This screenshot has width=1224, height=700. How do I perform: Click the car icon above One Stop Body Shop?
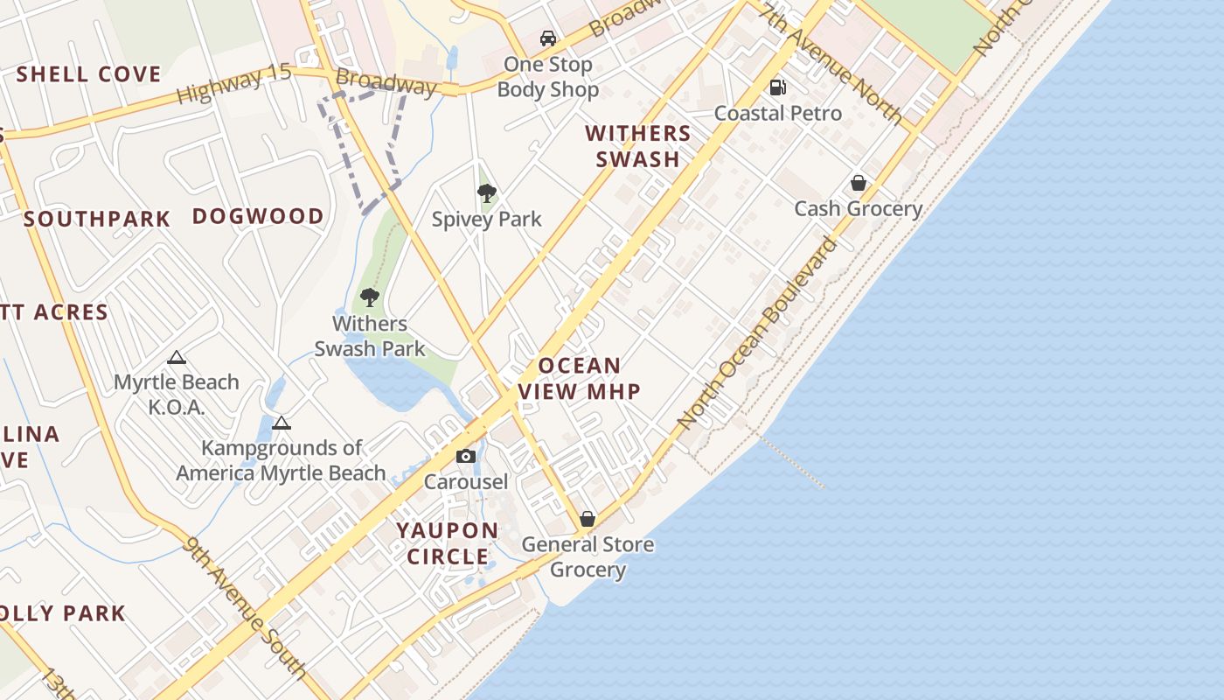pyautogui.click(x=548, y=38)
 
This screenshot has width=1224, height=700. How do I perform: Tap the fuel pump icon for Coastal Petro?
pyautogui.click(x=777, y=87)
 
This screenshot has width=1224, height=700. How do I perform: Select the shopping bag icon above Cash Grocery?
pyautogui.click(x=859, y=183)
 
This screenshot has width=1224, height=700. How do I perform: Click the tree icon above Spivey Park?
pyautogui.click(x=487, y=193)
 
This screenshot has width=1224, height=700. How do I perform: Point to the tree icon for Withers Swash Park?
pyautogui.click(x=370, y=297)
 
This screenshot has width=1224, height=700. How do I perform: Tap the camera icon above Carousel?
pyautogui.click(x=466, y=456)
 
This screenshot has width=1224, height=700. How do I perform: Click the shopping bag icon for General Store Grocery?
pyautogui.click(x=588, y=519)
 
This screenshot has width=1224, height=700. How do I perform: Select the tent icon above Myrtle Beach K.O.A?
pyautogui.click(x=177, y=357)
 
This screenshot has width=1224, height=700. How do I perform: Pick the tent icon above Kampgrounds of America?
pyautogui.click(x=282, y=423)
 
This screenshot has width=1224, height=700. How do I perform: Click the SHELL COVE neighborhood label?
pyautogui.click(x=89, y=74)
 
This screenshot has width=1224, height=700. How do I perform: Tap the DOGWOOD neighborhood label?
pyautogui.click(x=258, y=216)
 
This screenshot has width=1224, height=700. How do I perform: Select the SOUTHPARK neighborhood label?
pyautogui.click(x=97, y=219)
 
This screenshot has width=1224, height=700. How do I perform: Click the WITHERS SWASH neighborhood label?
pyautogui.click(x=638, y=146)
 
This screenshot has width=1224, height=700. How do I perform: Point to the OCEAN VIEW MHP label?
pyautogui.click(x=581, y=378)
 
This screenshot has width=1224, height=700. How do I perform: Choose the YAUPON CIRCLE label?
pyautogui.click(x=448, y=543)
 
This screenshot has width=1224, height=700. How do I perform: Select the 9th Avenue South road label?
pyautogui.click(x=246, y=607)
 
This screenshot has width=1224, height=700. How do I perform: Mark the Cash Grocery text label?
pyautogui.click(x=859, y=208)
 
